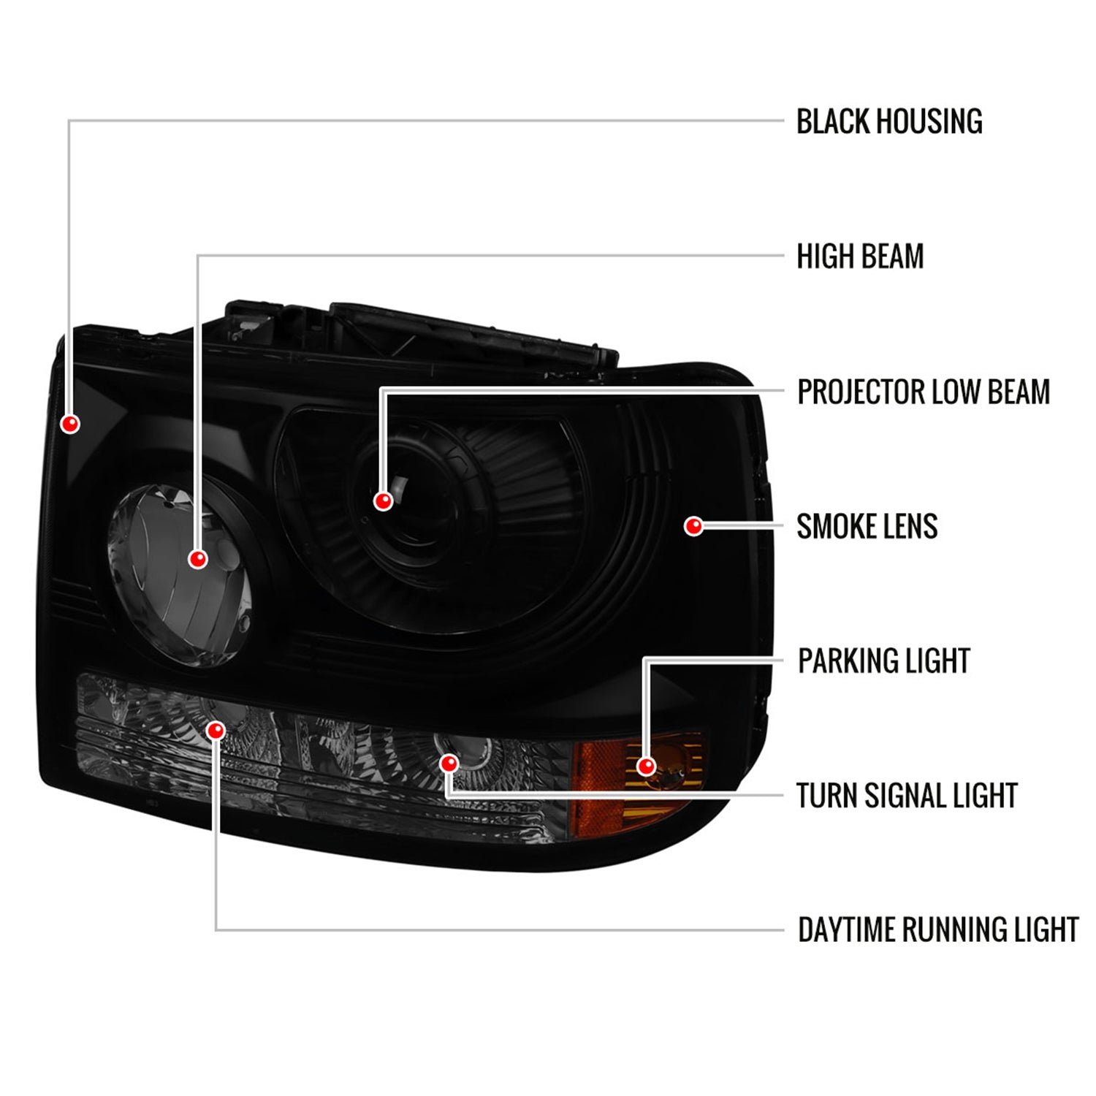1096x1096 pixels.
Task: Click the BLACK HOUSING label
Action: click(x=888, y=122)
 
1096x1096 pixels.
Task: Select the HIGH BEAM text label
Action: click(x=859, y=257)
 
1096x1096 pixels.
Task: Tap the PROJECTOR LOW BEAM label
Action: click(x=923, y=392)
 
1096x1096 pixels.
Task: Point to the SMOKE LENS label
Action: click(x=867, y=527)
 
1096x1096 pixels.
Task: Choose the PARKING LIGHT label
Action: click(x=883, y=661)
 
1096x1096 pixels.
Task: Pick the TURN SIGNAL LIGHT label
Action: click(x=907, y=796)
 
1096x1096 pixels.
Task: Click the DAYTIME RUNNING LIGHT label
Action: click(x=937, y=930)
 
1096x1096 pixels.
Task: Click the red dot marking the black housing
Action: click(x=71, y=424)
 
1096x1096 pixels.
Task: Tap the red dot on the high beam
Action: click(x=197, y=559)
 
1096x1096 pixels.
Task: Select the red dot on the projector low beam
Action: click(x=383, y=501)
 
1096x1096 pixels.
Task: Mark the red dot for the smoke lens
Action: click(x=693, y=526)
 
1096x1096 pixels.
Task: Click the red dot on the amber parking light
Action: click(x=646, y=766)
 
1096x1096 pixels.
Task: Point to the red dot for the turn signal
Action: click(x=449, y=764)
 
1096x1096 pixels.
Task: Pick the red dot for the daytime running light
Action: click(x=216, y=730)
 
